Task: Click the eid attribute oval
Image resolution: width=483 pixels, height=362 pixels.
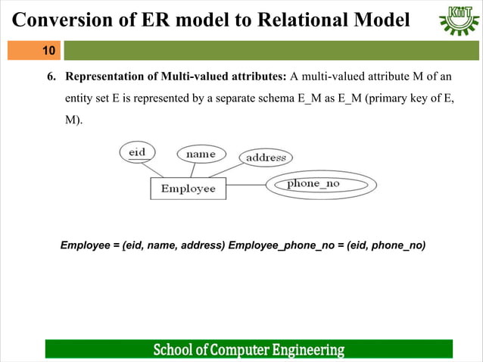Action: [137, 152]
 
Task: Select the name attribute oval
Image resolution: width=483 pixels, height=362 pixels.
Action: [201, 154]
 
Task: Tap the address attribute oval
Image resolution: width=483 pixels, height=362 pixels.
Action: [266, 158]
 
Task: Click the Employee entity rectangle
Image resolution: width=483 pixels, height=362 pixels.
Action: [189, 189]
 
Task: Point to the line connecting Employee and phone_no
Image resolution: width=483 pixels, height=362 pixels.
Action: [246, 185]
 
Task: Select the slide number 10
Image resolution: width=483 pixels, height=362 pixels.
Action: [48, 51]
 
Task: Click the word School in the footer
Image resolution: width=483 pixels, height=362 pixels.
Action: [176, 350]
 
